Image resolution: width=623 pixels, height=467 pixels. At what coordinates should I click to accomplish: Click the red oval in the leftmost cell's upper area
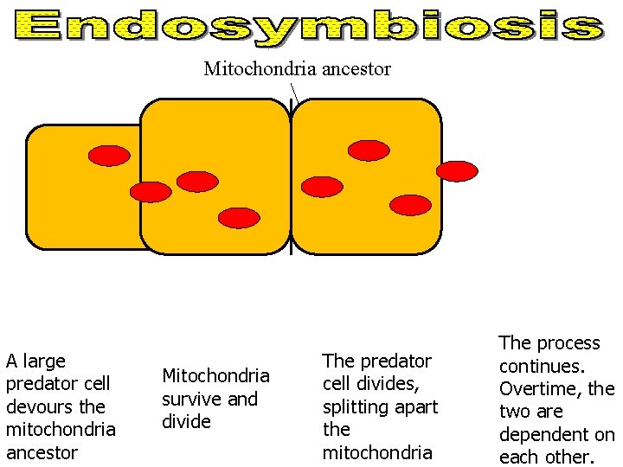(x=110, y=156)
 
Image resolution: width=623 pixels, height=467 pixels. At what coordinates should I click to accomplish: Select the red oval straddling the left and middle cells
(x=151, y=192)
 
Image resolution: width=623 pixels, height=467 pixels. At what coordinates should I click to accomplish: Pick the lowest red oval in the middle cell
(x=239, y=218)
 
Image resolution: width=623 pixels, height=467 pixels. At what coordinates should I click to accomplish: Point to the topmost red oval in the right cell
(x=369, y=150)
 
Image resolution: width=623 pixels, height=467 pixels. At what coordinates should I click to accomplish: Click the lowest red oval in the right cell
(x=410, y=205)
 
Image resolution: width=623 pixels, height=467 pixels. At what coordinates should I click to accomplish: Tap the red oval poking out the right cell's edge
(x=456, y=171)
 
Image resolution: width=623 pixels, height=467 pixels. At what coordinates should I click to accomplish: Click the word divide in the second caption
(x=186, y=421)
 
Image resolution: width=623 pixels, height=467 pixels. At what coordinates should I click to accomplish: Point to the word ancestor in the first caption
(x=42, y=452)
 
